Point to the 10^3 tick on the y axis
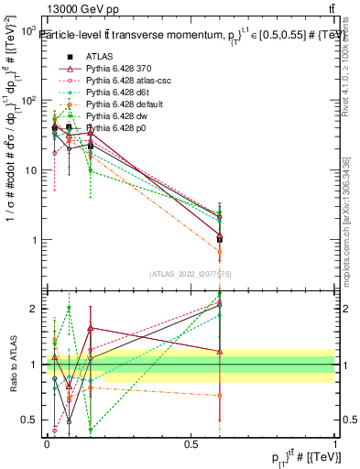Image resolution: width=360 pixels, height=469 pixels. [x=29, y=31]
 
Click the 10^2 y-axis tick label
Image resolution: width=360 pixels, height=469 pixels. [x=29, y=101]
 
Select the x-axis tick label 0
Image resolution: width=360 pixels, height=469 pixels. [x=47, y=443]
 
